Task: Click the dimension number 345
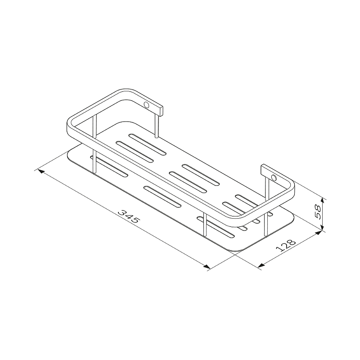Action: pos(129,216)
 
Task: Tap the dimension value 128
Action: pos(286,246)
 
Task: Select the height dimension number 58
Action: pos(318,212)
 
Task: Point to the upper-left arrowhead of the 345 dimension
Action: pos(40,171)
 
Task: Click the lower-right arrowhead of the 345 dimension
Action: pos(207,266)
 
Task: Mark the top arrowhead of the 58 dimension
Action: pos(323,201)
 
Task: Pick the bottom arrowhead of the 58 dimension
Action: pos(322,226)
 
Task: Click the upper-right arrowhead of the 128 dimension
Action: pos(319,233)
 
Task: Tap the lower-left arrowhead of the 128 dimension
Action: pos(261,265)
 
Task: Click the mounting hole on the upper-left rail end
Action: pos(146,105)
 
